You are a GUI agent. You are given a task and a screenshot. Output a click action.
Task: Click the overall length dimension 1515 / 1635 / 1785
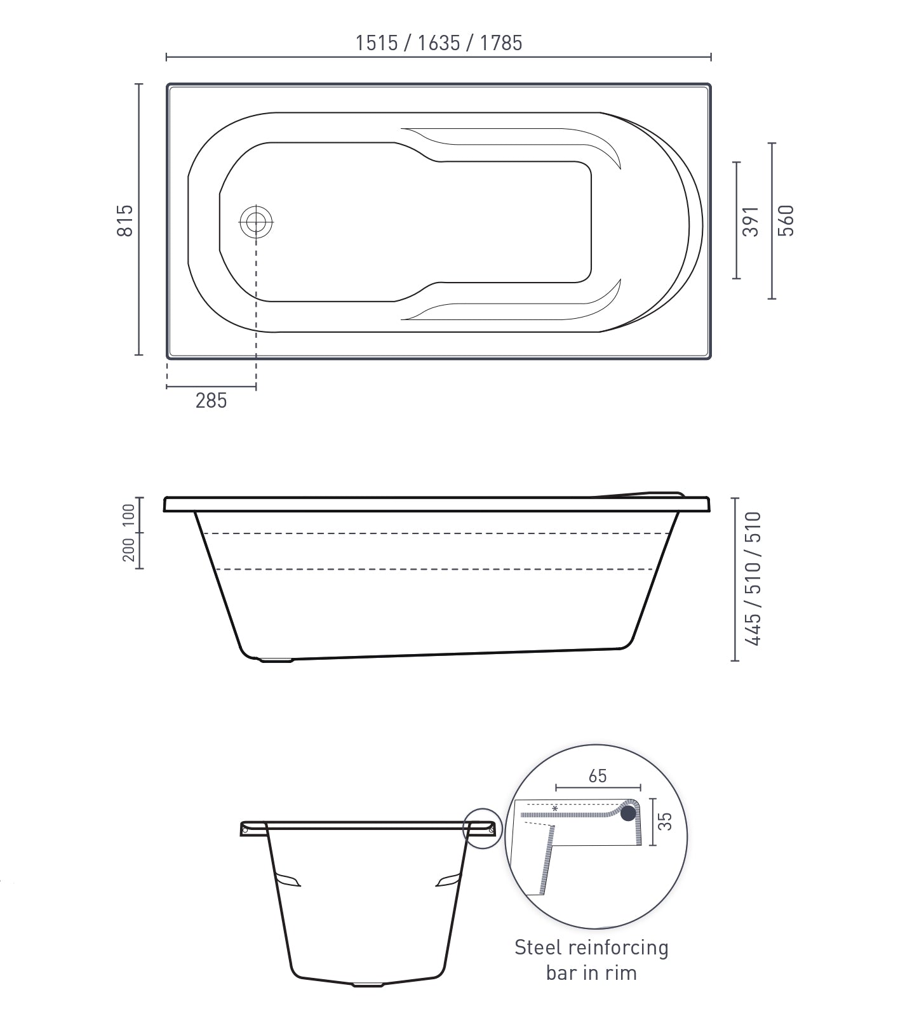pyautogui.click(x=438, y=43)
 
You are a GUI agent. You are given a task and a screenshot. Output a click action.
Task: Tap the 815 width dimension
pyautogui.click(x=126, y=220)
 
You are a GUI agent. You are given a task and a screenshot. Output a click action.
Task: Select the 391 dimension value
pyautogui.click(x=751, y=220)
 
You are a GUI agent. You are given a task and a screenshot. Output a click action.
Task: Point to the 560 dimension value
pyautogui.click(x=786, y=220)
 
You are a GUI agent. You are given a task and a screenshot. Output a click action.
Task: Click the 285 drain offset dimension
pyautogui.click(x=211, y=401)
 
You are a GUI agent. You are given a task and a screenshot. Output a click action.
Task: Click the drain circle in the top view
pyautogui.click(x=256, y=222)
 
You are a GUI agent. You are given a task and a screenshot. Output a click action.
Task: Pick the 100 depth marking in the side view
pyautogui.click(x=129, y=514)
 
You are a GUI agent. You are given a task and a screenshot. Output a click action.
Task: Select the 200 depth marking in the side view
pyautogui.click(x=129, y=550)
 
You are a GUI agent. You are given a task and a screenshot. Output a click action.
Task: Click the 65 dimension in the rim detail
pyautogui.click(x=598, y=776)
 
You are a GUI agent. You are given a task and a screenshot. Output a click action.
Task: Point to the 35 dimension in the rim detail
pyautogui.click(x=664, y=822)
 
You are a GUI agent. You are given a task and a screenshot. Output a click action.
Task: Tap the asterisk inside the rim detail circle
pyautogui.click(x=555, y=808)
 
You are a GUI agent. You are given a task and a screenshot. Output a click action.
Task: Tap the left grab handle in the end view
pyautogui.click(x=288, y=880)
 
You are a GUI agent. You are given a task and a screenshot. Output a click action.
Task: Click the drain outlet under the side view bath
pyautogui.click(x=276, y=660)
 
